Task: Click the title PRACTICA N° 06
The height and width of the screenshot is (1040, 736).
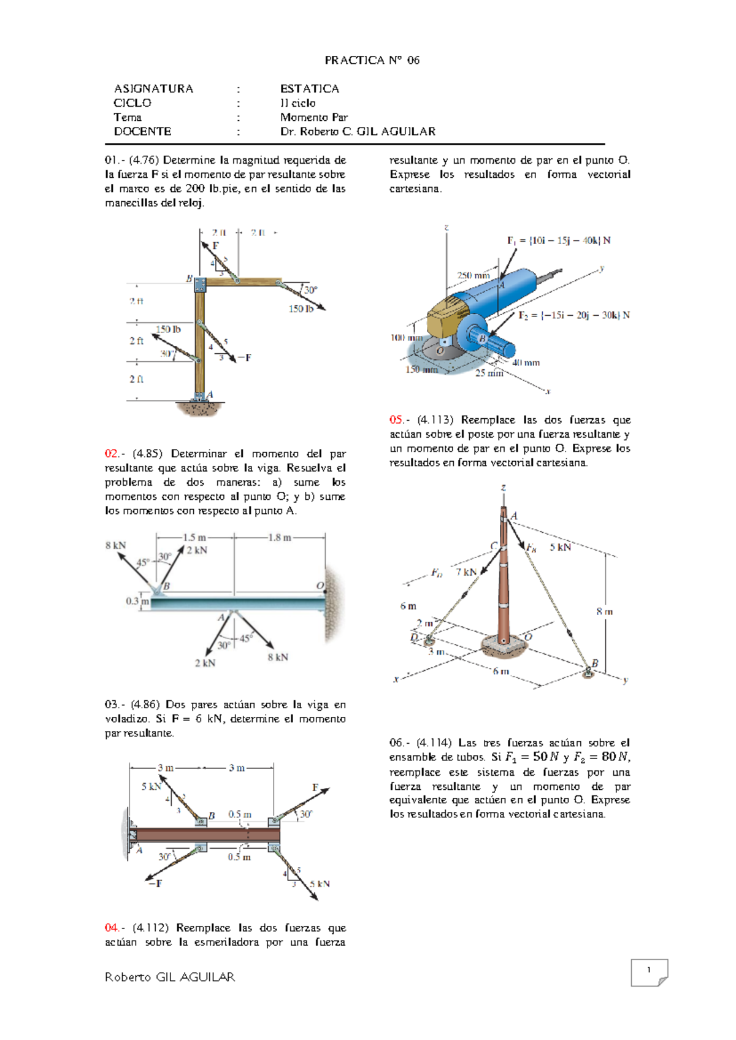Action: coord(372,60)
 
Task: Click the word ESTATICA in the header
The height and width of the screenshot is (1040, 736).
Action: coord(309,89)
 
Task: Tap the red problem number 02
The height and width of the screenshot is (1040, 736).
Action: coord(112,454)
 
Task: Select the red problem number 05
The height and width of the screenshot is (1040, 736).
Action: coord(397,420)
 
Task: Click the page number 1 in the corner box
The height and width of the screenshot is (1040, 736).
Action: coord(648,970)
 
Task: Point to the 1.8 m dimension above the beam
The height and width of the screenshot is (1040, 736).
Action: coord(279,538)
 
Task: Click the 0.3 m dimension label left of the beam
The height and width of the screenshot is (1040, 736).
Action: coord(137,602)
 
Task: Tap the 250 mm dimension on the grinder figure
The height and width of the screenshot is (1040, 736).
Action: coord(473,276)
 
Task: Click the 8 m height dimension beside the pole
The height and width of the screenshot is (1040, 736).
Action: coord(604,611)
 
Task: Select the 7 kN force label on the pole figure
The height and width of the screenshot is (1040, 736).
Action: coord(466,572)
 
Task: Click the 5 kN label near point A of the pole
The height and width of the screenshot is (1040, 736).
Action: coord(560,547)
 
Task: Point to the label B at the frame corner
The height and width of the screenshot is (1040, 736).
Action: coord(190,278)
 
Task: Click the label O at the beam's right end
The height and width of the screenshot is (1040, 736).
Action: coord(320,586)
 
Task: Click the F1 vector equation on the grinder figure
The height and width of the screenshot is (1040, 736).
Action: coord(558,240)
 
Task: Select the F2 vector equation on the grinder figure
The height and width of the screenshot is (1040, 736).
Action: coord(573,315)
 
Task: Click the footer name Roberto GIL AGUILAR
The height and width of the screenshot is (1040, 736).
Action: coord(170,977)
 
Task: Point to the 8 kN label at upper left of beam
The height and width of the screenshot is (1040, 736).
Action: coord(115,545)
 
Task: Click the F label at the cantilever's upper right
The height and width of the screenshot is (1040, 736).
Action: coord(315,787)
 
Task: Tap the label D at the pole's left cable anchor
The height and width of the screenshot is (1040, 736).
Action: coord(414,637)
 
